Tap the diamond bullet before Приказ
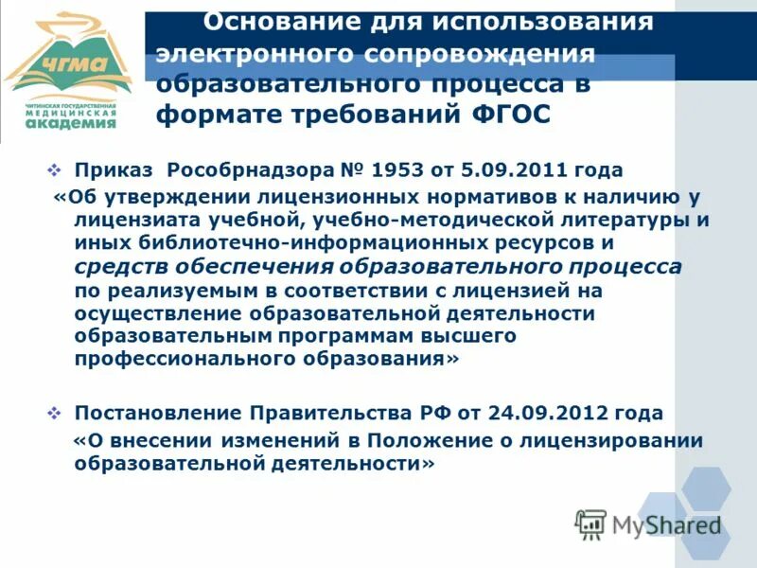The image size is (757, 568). pos(54,170)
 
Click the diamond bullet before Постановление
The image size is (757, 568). pos(54,414)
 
